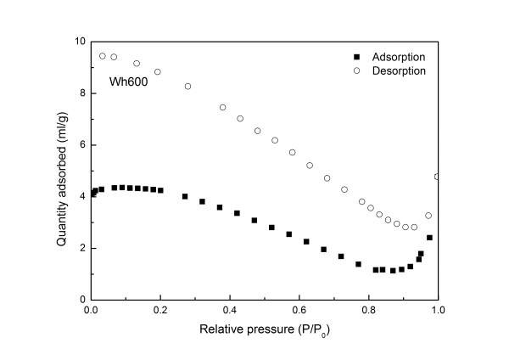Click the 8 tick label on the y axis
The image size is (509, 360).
click(x=81, y=93)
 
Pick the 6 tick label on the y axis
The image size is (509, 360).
click(x=81, y=144)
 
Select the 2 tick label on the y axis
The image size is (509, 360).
click(x=81, y=248)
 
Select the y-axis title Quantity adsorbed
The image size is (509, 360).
click(x=62, y=170)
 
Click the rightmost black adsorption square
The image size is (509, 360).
click(x=429, y=238)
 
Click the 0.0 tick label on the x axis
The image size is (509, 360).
click(x=92, y=311)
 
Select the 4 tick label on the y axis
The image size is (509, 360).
click(x=81, y=196)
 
